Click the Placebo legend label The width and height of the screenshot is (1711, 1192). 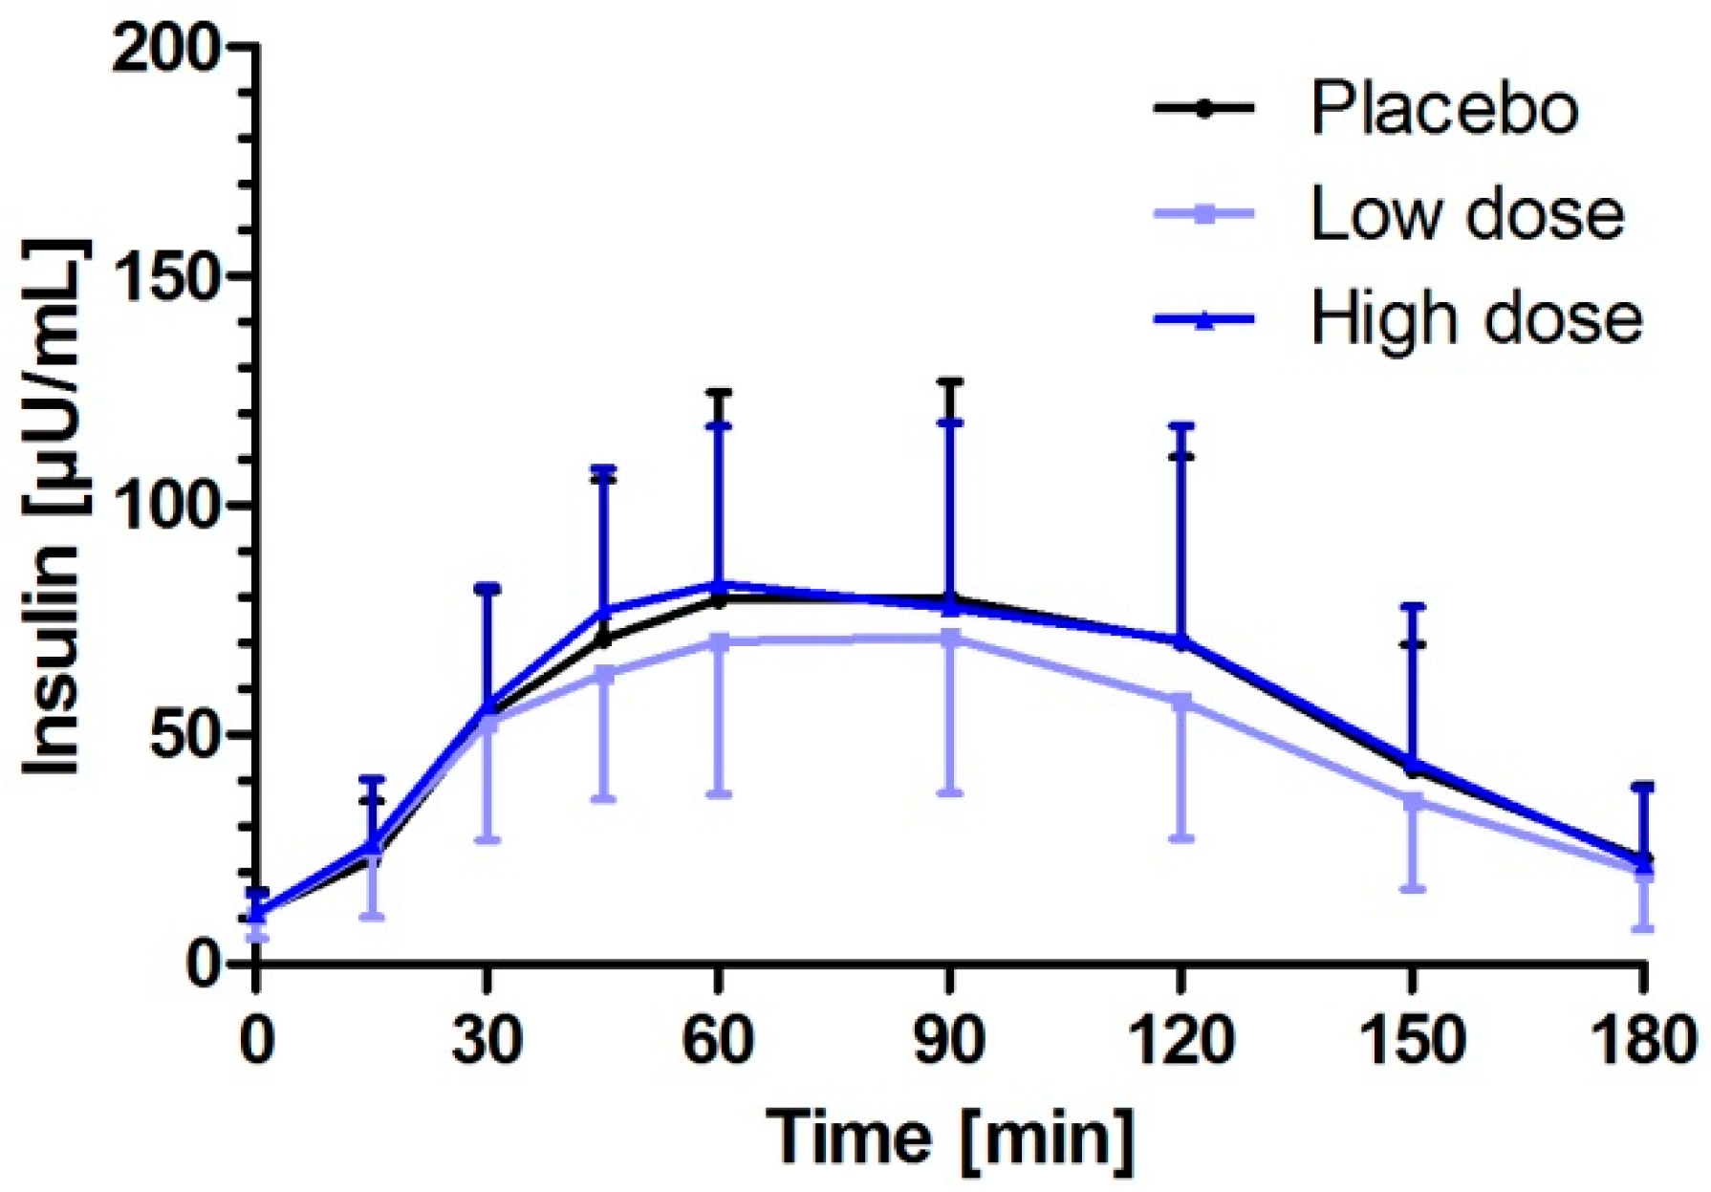pos(1443,108)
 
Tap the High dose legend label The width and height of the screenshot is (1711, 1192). pos(1476,318)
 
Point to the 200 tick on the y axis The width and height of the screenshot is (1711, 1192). pos(168,48)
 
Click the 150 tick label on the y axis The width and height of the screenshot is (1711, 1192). pos(168,276)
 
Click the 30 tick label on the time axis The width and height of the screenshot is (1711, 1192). pos(487,1041)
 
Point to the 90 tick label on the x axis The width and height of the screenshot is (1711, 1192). pos(949,1041)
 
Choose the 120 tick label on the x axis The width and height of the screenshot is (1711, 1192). pos(1181,1041)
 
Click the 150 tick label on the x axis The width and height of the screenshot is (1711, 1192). pos(1412,1041)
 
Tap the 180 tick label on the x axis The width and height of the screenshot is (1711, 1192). pos(1642,1041)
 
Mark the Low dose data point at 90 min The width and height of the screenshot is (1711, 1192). pos(949,638)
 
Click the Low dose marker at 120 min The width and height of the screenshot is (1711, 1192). pos(1181,702)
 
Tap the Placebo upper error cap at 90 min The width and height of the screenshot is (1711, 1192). pos(949,381)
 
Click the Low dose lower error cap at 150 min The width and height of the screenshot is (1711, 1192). pos(1413,889)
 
